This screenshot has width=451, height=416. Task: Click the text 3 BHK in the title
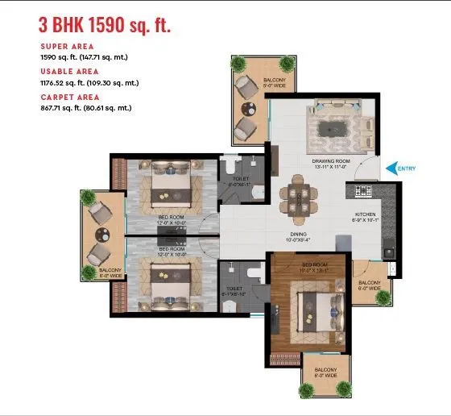pyautogui.click(x=64, y=26)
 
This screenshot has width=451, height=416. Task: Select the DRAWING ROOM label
pyautogui.click(x=329, y=160)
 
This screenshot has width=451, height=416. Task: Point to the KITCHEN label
pyautogui.click(x=365, y=214)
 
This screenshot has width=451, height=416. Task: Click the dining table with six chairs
pyautogui.click(x=298, y=197)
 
